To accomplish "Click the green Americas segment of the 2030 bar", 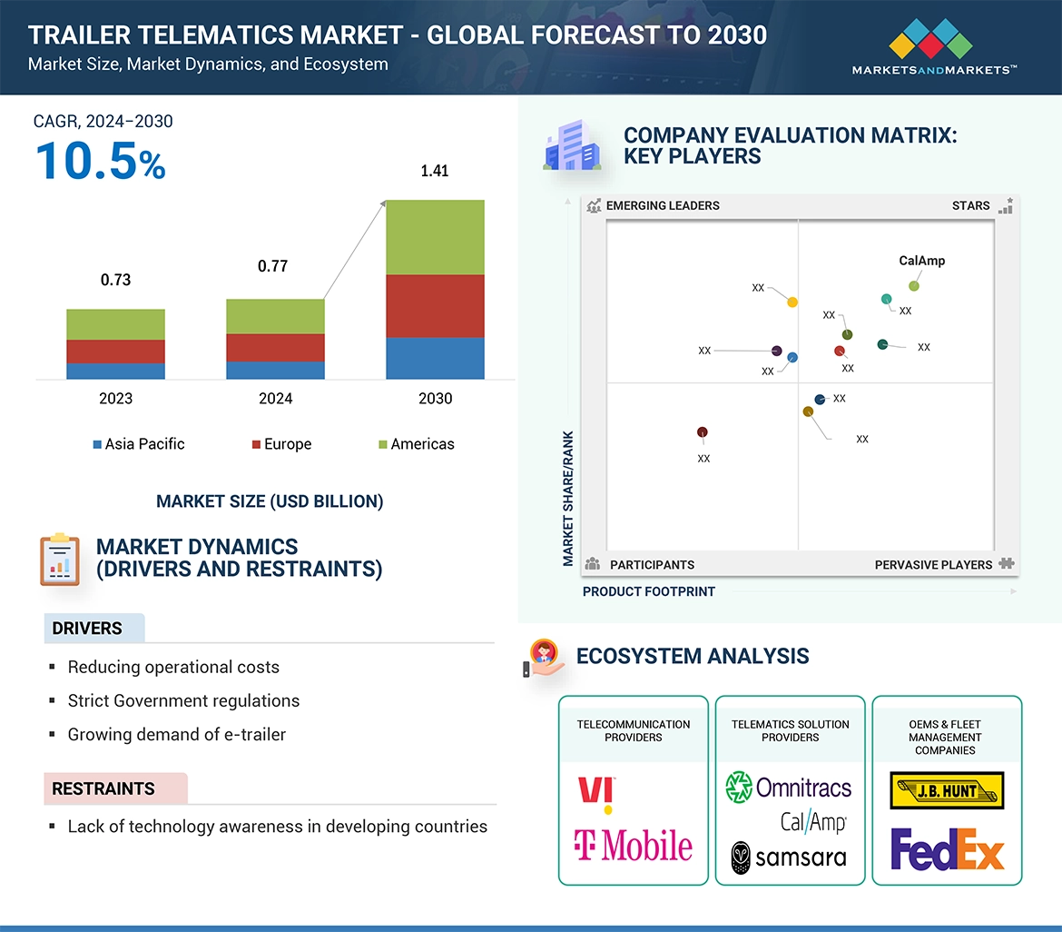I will [435, 237].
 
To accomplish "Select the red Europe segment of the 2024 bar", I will [275, 348].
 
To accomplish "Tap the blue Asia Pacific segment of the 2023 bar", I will [115, 371].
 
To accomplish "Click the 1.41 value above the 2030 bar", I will [435, 171].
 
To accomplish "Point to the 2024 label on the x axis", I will [275, 398].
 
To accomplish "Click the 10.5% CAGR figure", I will [100, 161].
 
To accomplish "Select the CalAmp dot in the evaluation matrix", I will [914, 286].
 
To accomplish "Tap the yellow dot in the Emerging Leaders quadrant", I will [792, 302].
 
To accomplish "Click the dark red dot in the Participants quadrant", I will [702, 432].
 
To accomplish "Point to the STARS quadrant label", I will [970, 205].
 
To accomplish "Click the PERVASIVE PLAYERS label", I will [933, 564].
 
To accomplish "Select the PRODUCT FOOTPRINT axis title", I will [648, 591].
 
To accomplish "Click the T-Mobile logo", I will [633, 846].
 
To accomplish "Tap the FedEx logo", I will [947, 848].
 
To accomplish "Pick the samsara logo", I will [789, 857].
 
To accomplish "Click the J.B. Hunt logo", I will [947, 790].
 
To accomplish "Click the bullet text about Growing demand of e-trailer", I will [177, 735].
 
